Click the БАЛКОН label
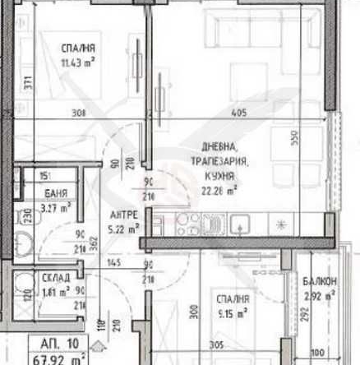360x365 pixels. click(x=317, y=282)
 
